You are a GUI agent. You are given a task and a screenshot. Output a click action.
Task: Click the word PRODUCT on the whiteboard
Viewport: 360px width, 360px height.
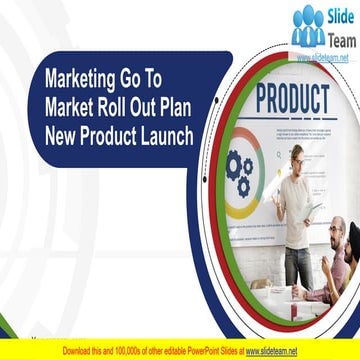[292, 101]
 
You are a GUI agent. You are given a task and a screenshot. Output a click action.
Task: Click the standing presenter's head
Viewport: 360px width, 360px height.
[297, 157]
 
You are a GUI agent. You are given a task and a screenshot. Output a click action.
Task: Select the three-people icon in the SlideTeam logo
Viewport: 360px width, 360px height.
[307, 28]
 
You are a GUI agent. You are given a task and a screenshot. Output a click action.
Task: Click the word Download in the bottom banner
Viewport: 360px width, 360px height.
[82, 351]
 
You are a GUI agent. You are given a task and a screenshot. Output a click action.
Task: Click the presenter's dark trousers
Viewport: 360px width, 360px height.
[297, 265]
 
